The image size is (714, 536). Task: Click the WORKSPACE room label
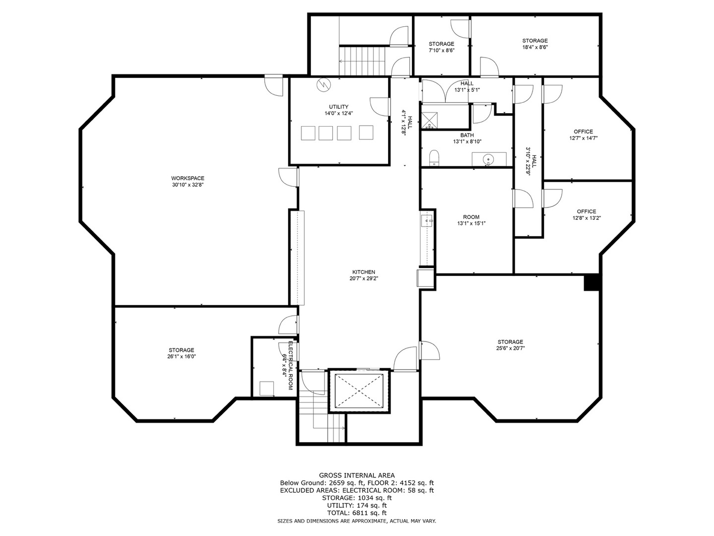[x=187, y=178]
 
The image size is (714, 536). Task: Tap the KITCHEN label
[x=363, y=272]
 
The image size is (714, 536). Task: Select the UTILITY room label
[x=338, y=107]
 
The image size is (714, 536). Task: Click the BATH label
[x=467, y=135]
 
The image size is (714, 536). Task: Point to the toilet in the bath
[x=434, y=157]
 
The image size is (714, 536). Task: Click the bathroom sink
[x=488, y=159]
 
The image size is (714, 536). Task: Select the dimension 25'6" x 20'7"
[x=511, y=348]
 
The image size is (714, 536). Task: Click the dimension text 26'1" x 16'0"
[x=181, y=356]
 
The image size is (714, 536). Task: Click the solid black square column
[x=592, y=283]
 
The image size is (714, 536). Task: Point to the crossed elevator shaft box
[x=359, y=391]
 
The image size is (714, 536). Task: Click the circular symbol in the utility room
[x=323, y=85]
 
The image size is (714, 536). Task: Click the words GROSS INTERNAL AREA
[x=357, y=475]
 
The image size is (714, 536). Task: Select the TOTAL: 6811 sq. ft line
[x=357, y=513]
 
